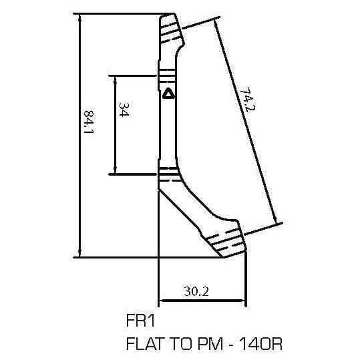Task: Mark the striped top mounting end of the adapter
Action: pyautogui.click(x=171, y=28)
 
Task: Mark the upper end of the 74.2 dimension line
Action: pyautogui.click(x=215, y=19)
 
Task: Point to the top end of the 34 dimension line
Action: pyautogui.click(x=116, y=75)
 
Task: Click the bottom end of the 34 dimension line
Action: pyautogui.click(x=116, y=174)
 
